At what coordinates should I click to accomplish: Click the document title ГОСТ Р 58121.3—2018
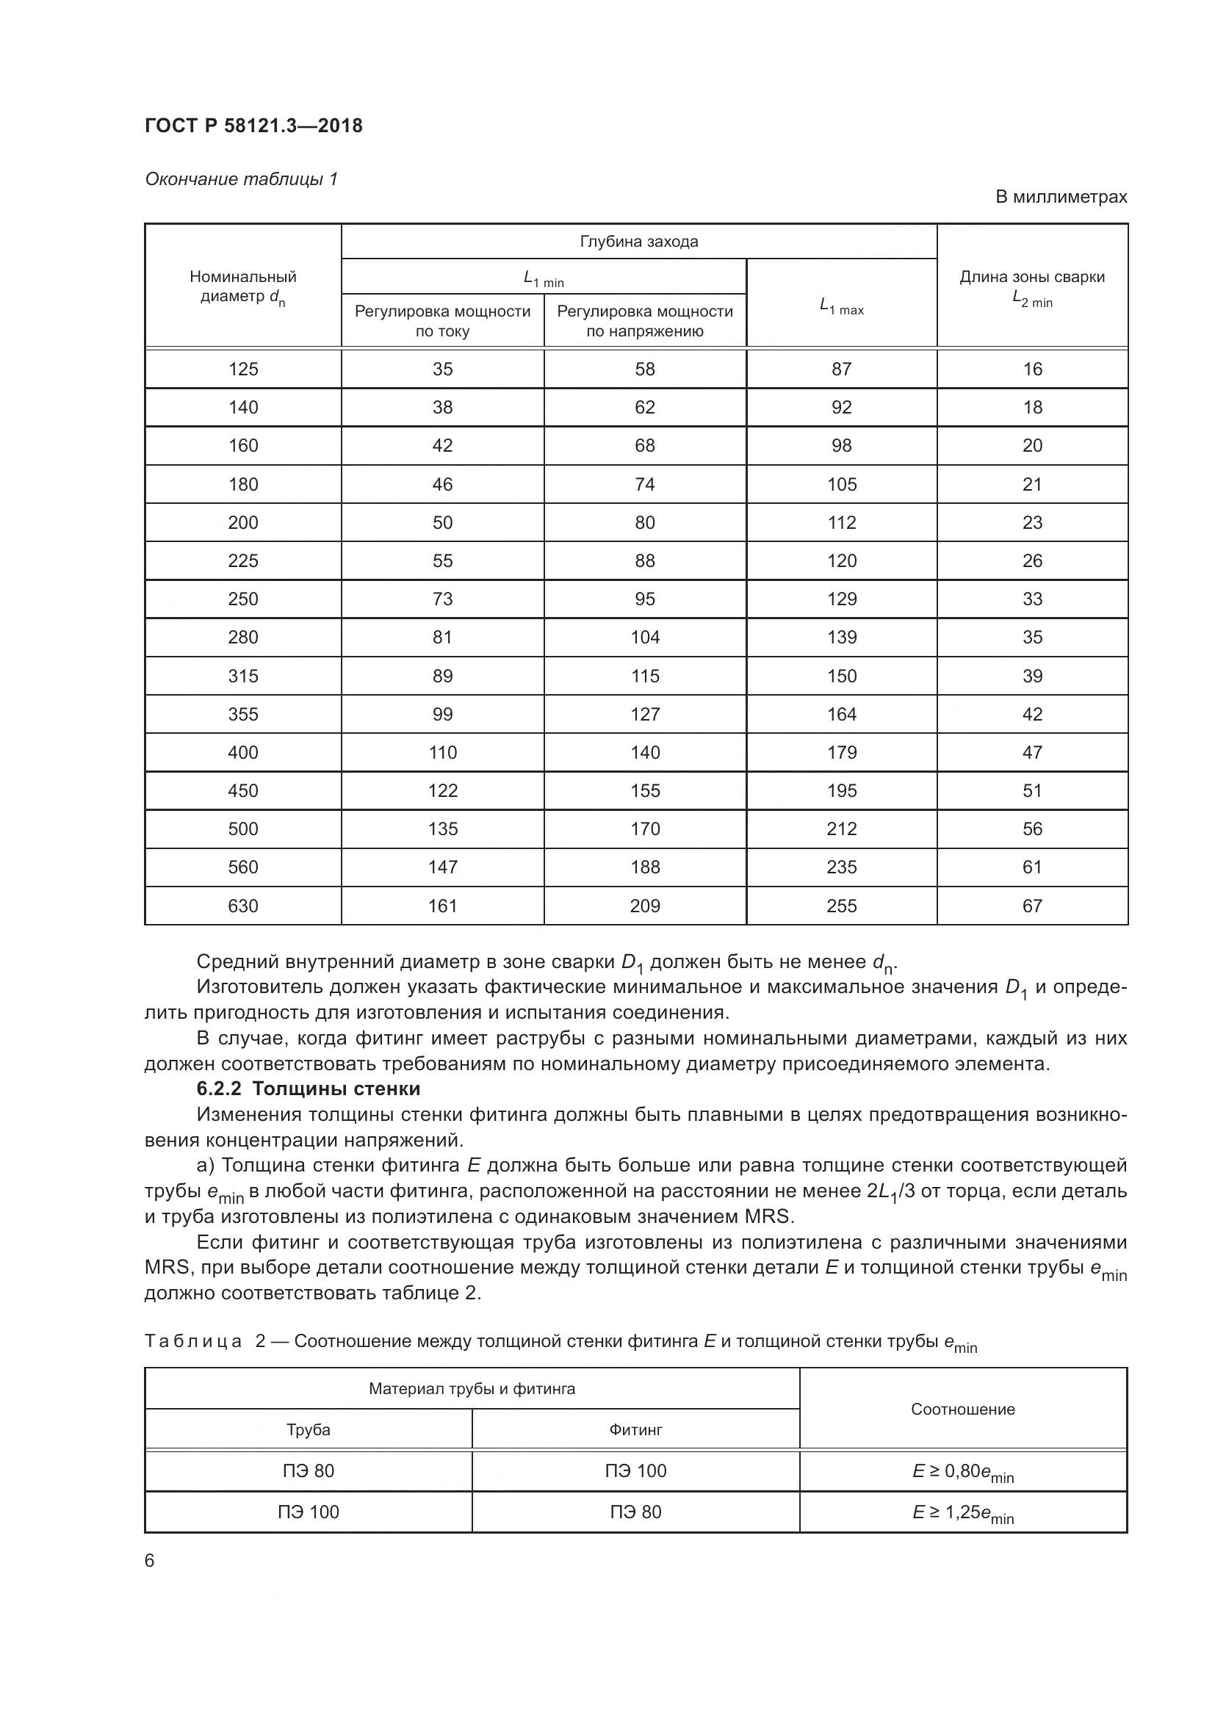253,126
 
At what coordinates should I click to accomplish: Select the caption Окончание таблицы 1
241,178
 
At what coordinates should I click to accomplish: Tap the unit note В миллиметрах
1060,197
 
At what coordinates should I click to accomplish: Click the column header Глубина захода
639,242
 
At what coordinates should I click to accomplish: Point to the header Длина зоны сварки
1031,277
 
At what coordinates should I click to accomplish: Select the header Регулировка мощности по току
442,321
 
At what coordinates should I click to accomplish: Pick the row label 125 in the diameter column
243,369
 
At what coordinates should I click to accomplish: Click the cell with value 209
645,906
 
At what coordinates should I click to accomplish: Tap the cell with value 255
842,906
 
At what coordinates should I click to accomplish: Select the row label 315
243,676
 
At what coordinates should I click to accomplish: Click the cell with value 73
442,599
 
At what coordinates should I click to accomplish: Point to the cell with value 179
842,752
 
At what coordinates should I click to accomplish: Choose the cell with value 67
1031,906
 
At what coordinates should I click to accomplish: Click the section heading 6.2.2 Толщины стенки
309,1089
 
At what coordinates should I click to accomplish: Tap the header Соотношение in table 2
962,1409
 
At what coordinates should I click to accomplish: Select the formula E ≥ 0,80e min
962,1471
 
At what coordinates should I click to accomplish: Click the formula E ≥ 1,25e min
962,1512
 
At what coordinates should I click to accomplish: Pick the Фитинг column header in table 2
635,1430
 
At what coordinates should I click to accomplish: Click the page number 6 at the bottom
150,1561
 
